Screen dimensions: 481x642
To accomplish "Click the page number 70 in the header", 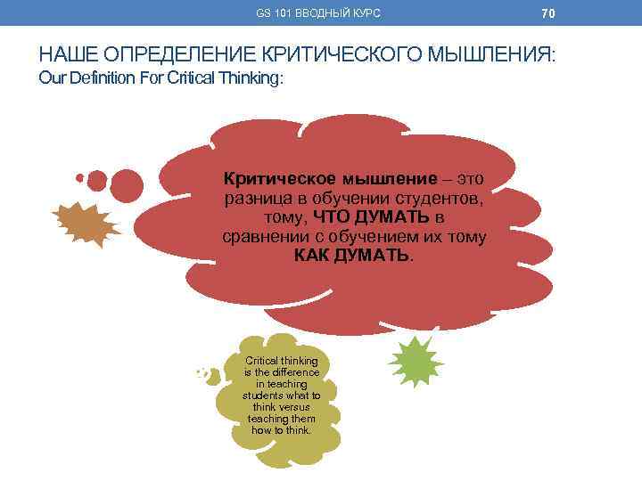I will pos(548,13).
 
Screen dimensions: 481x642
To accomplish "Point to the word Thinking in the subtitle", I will pos(251,78).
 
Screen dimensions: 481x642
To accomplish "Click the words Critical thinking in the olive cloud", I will pos(281,361).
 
